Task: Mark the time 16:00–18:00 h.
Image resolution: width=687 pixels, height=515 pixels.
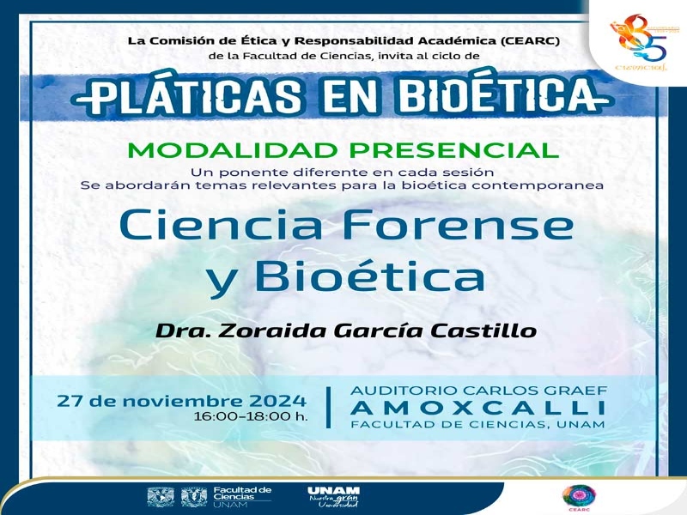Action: tap(251, 416)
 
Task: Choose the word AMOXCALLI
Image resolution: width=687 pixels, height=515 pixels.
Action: tap(477, 408)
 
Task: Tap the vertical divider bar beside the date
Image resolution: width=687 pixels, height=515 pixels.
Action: tap(329, 407)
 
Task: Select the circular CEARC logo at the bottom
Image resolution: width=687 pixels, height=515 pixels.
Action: tap(579, 495)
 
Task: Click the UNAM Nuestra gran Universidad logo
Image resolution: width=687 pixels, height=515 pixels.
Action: tap(333, 497)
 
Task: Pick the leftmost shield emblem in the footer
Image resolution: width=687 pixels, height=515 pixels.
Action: tap(161, 497)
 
